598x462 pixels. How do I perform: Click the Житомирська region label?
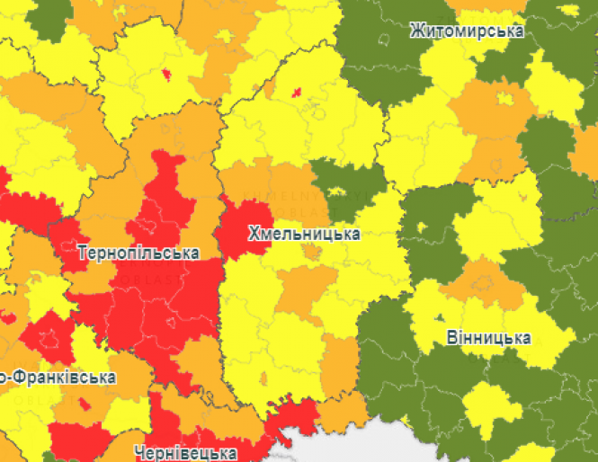coord(466,31)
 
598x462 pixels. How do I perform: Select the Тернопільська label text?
coord(138,253)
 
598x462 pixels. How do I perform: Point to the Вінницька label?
coord(487,339)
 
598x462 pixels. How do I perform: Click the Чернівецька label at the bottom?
coord(184,452)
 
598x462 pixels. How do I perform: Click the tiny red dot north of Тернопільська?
coord(165,74)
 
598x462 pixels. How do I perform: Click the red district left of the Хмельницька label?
coord(243,229)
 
